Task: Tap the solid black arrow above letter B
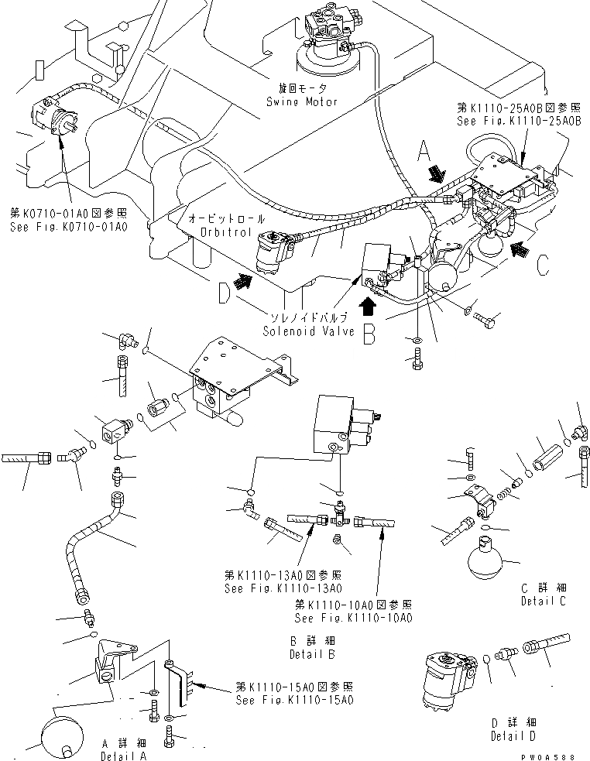(x=368, y=307)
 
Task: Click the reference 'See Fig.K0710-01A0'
(x=69, y=226)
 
